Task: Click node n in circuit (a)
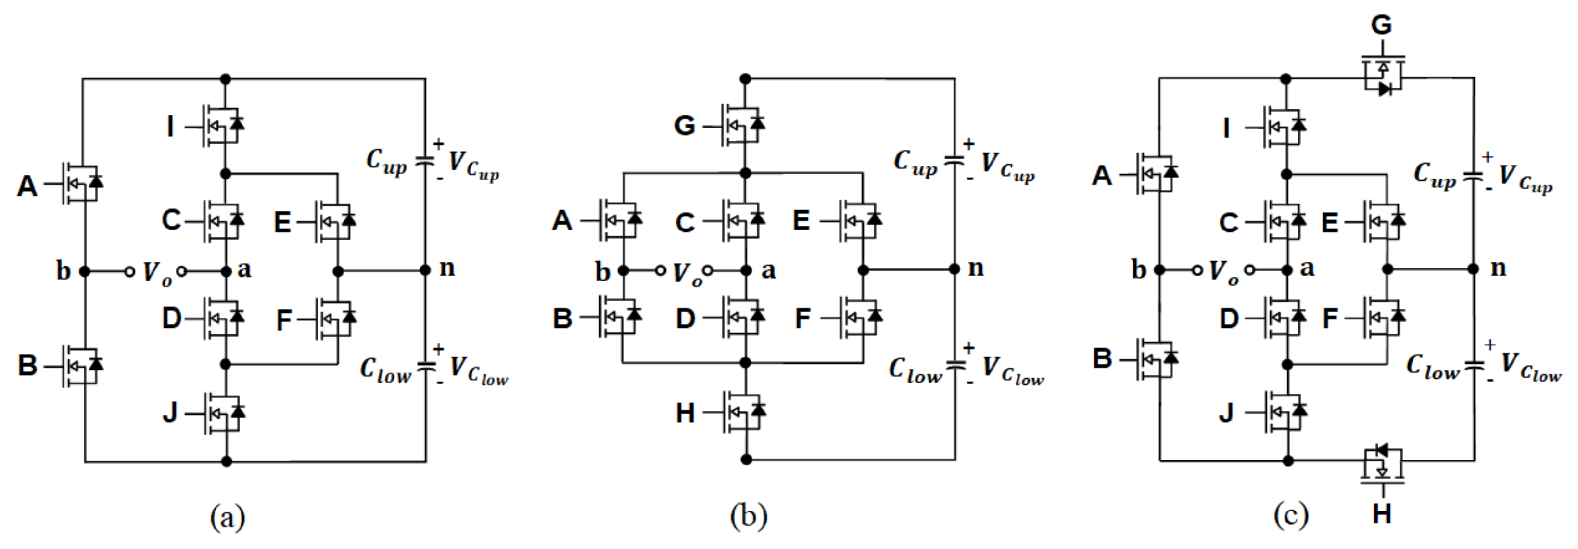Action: [x=426, y=270]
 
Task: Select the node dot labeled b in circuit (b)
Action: [x=623, y=270]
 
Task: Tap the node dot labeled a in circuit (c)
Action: [x=1286, y=269]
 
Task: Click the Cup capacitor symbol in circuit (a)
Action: [x=425, y=161]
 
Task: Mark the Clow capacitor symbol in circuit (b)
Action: [x=954, y=366]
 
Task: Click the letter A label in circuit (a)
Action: [x=27, y=186]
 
